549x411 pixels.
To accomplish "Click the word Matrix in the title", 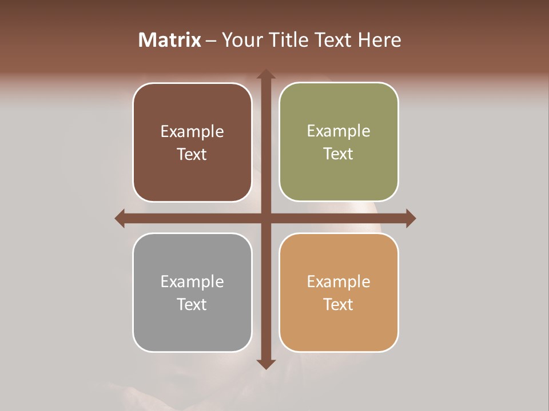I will coord(170,40).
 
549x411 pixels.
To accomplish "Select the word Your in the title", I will coord(240,40).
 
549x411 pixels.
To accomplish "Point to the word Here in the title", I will coord(379,40).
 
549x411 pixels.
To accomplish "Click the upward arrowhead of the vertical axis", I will coord(265,75).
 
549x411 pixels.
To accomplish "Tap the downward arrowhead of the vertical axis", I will coord(265,364).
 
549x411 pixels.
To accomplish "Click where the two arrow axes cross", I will coord(265,218).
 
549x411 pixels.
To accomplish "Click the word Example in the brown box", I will coord(192,132).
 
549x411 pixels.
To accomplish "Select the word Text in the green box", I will coord(339,154).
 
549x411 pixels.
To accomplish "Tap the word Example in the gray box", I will coord(192,282).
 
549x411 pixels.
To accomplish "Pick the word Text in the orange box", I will coord(339,304).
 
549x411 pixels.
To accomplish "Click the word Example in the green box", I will coord(339,131).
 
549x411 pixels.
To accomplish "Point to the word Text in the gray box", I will coord(192,304).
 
